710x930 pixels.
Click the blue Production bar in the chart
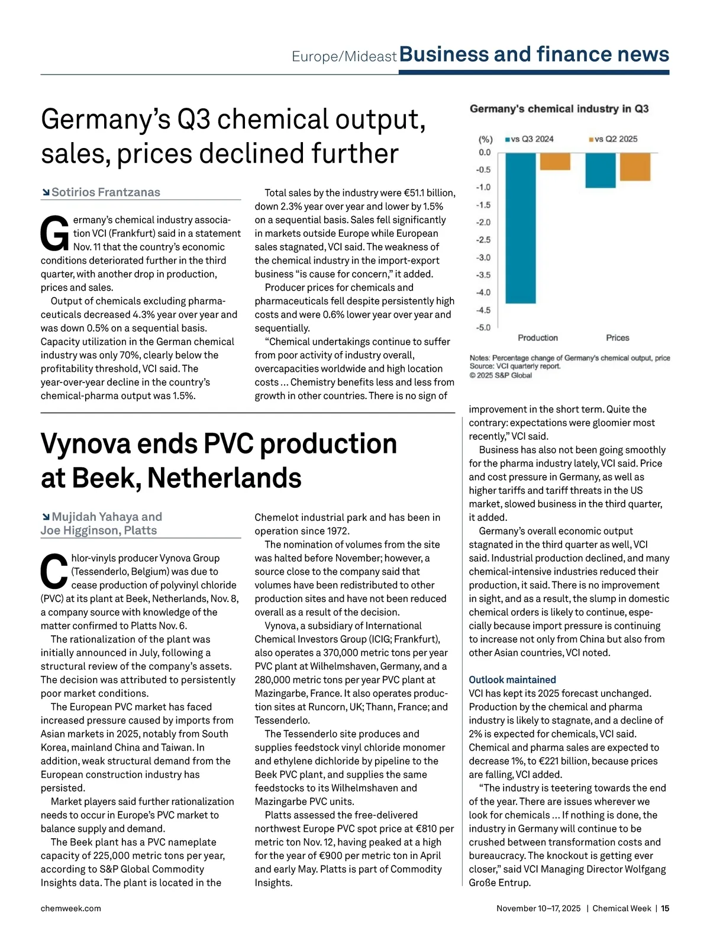[x=521, y=227]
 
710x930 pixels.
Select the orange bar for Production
[x=555, y=161]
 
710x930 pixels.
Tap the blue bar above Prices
[x=600, y=170]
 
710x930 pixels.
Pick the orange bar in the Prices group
[x=635, y=166]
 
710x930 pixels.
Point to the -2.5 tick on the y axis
[x=483, y=240]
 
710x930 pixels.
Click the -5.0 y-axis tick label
[x=483, y=327]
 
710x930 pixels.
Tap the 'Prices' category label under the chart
[x=617, y=338]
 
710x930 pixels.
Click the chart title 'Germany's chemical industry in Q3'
[x=559, y=109]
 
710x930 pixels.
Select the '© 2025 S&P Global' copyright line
[x=501, y=375]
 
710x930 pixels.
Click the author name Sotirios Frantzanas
[x=106, y=192]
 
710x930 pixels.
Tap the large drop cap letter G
[x=54, y=234]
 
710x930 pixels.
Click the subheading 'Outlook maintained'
[x=512, y=680]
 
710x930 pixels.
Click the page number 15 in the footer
[x=665, y=908]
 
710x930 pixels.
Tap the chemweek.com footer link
[x=71, y=908]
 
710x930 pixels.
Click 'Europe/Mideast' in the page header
[x=344, y=57]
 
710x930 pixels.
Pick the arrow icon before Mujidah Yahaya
[x=46, y=517]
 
